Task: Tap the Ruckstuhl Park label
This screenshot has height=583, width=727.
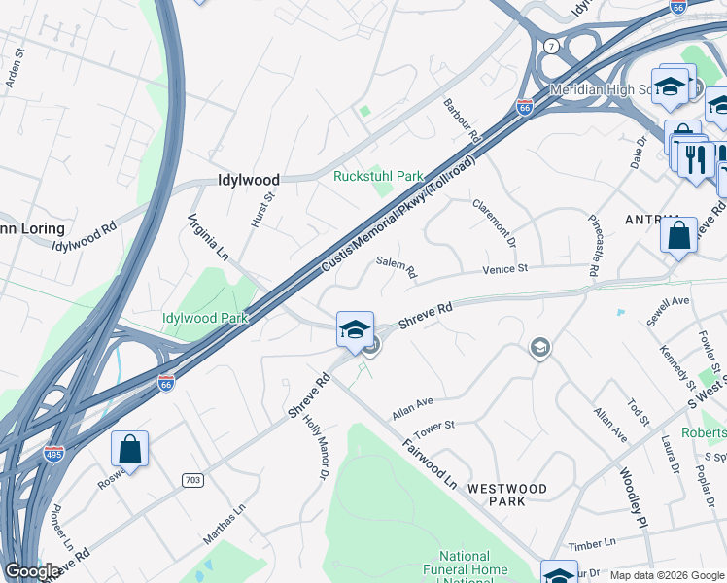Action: [x=378, y=176]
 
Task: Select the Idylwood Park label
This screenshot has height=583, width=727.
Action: [x=205, y=317]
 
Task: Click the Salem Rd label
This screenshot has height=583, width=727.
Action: [x=397, y=269]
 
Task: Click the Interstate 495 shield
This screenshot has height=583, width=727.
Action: [x=55, y=454]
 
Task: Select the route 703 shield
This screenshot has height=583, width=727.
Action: [x=191, y=480]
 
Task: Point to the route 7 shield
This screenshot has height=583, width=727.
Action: [x=551, y=46]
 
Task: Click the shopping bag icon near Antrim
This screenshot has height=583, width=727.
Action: [x=678, y=235]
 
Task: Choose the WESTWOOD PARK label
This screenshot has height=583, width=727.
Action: [x=506, y=495]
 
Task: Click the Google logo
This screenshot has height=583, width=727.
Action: [x=32, y=571]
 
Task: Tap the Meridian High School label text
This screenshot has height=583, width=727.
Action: [x=603, y=89]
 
